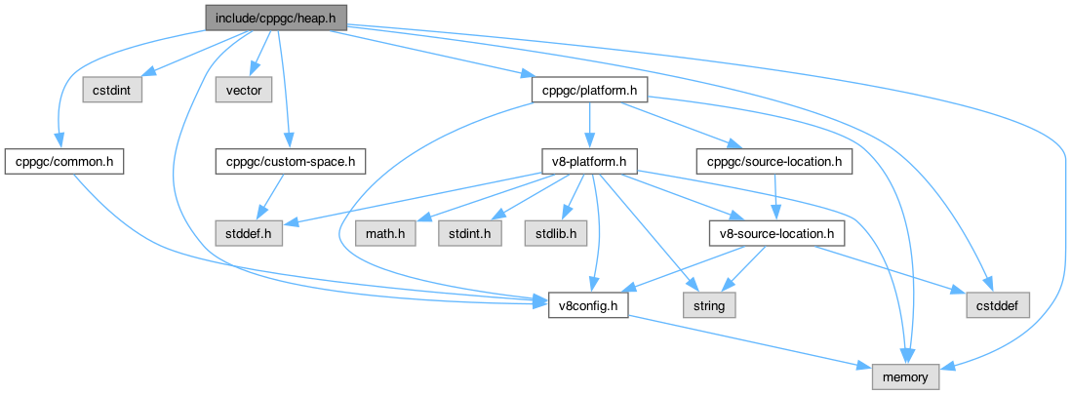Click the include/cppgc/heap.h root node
pyautogui.click(x=275, y=17)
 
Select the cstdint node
pyautogui.click(x=113, y=91)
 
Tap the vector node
pyautogui.click(x=235, y=91)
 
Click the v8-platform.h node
pyautogui.click(x=590, y=160)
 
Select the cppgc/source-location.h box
pyautogui.click(x=774, y=160)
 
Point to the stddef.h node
pyautogui.click(x=249, y=234)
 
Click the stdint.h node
pyautogui.click(x=469, y=234)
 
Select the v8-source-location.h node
pyautogui.click(x=774, y=234)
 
